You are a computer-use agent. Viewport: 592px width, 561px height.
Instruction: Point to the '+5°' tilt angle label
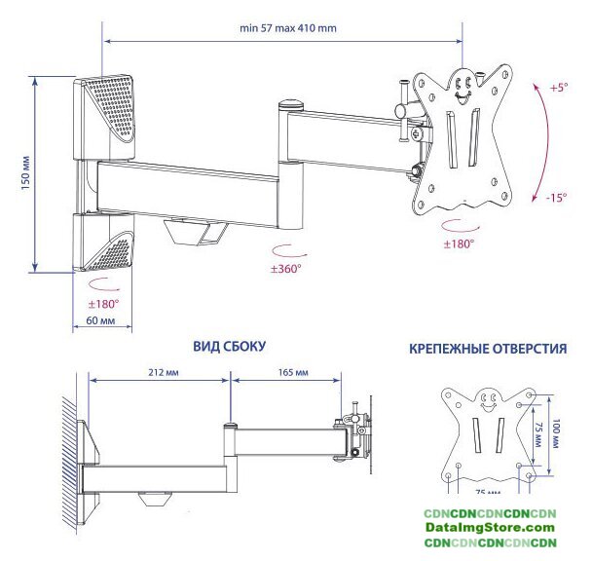558,88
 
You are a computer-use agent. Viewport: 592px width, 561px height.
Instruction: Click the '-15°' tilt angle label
557,197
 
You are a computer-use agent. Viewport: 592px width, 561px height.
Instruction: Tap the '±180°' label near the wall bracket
102,304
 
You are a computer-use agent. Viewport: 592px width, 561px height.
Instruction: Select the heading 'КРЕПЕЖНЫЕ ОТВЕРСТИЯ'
488,349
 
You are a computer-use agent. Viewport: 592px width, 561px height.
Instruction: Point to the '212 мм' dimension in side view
164,372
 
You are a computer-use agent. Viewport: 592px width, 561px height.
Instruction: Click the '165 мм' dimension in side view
293,372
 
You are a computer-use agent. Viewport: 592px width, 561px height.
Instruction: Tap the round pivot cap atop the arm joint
290,102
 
